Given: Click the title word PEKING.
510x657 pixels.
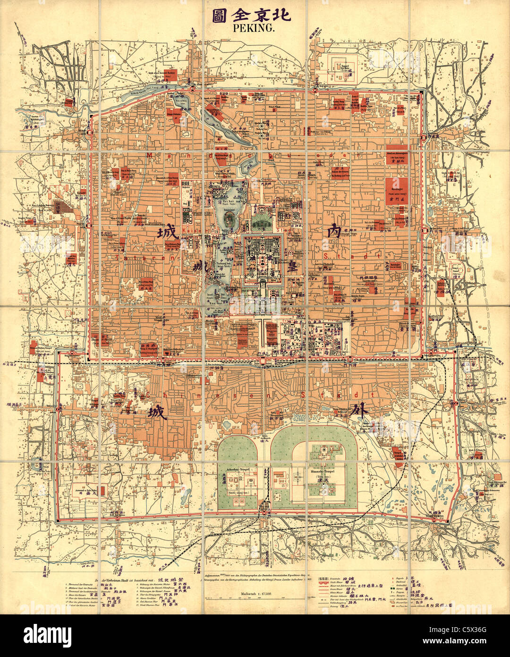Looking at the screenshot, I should coord(254,28).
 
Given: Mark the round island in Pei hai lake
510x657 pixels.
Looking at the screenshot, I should coord(229,218).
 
